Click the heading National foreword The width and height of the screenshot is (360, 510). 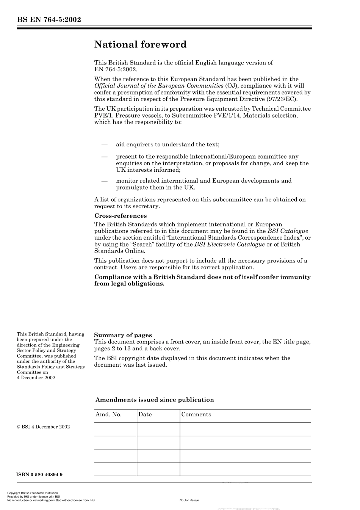click(x=140, y=44)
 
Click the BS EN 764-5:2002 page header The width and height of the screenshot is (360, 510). click(x=49, y=20)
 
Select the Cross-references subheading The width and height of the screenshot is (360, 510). click(x=120, y=216)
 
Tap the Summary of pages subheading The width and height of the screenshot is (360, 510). click(x=123, y=335)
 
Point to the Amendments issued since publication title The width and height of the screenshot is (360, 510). click(x=155, y=400)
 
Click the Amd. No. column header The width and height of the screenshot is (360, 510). click(x=108, y=414)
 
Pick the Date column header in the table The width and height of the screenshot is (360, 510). click(x=145, y=414)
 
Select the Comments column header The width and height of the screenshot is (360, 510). click(x=196, y=414)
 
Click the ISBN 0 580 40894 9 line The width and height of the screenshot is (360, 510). click(x=40, y=474)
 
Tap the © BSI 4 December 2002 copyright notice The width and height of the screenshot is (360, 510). click(x=43, y=427)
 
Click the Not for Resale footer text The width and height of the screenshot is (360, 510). click(x=189, y=500)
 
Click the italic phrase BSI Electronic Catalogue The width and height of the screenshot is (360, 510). click(x=229, y=244)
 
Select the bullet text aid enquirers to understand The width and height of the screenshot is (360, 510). click(x=167, y=144)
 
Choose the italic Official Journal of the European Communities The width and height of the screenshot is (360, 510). click(x=159, y=86)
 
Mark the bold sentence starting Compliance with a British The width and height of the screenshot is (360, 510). click(x=202, y=280)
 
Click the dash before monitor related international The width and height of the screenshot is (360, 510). click(x=104, y=181)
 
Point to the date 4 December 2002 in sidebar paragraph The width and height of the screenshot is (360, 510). click(x=36, y=377)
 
